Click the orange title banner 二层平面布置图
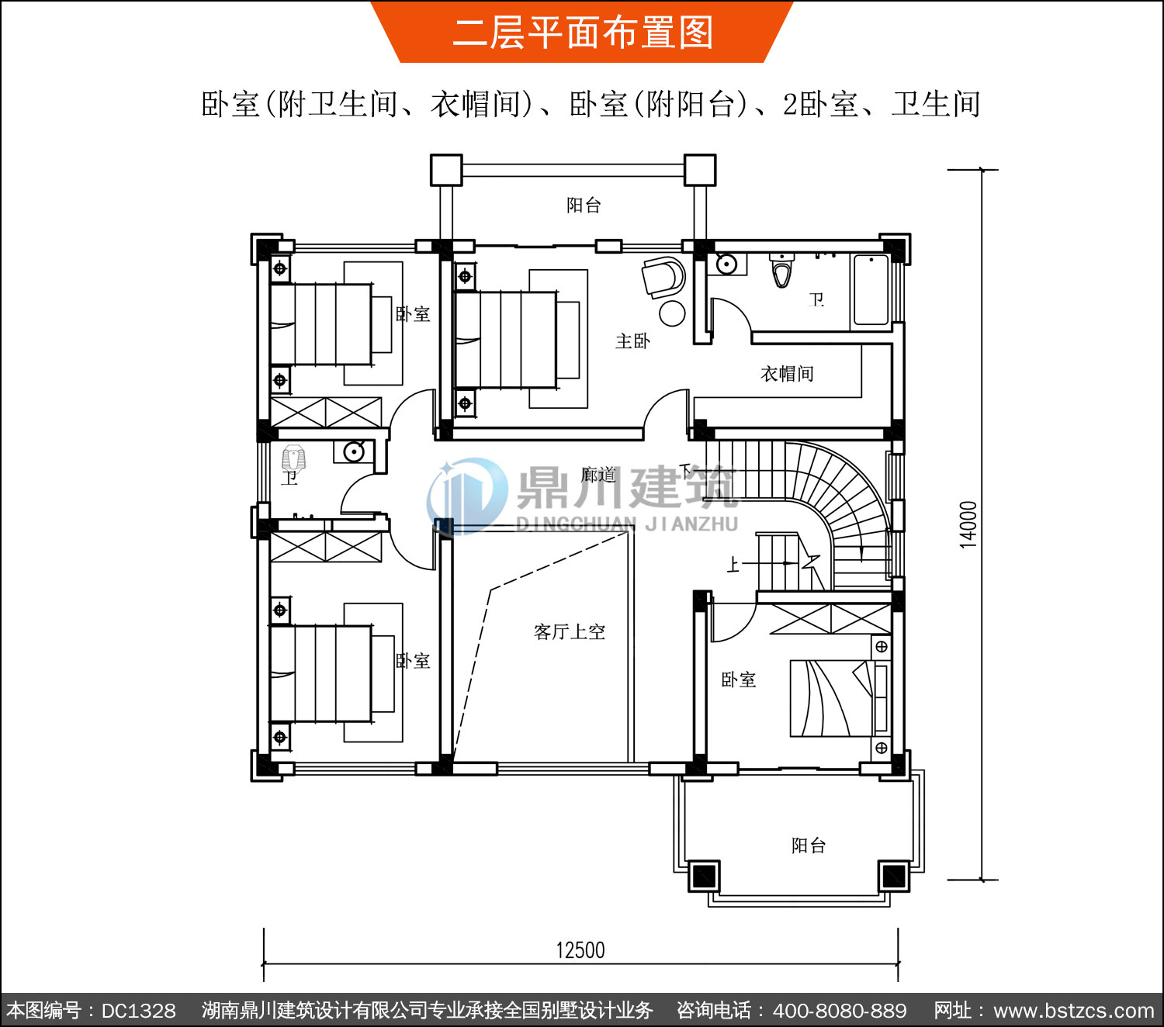(x=582, y=32)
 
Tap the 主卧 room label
(x=632, y=341)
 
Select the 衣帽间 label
(x=787, y=374)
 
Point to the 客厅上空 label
(x=570, y=632)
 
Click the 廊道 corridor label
(x=598, y=475)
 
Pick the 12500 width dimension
(x=580, y=950)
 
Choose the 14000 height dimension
(x=968, y=524)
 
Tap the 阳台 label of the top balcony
(x=584, y=205)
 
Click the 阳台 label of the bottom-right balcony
(x=809, y=845)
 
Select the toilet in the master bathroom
(x=782, y=271)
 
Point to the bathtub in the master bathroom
(x=871, y=290)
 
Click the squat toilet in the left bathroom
(x=293, y=458)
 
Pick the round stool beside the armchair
(x=671, y=313)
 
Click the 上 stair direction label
(x=733, y=564)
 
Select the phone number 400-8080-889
(x=840, y=1011)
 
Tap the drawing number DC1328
(x=138, y=1011)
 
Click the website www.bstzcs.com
(x=1074, y=1011)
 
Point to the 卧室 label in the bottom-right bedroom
(x=738, y=679)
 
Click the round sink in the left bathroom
(x=354, y=452)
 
